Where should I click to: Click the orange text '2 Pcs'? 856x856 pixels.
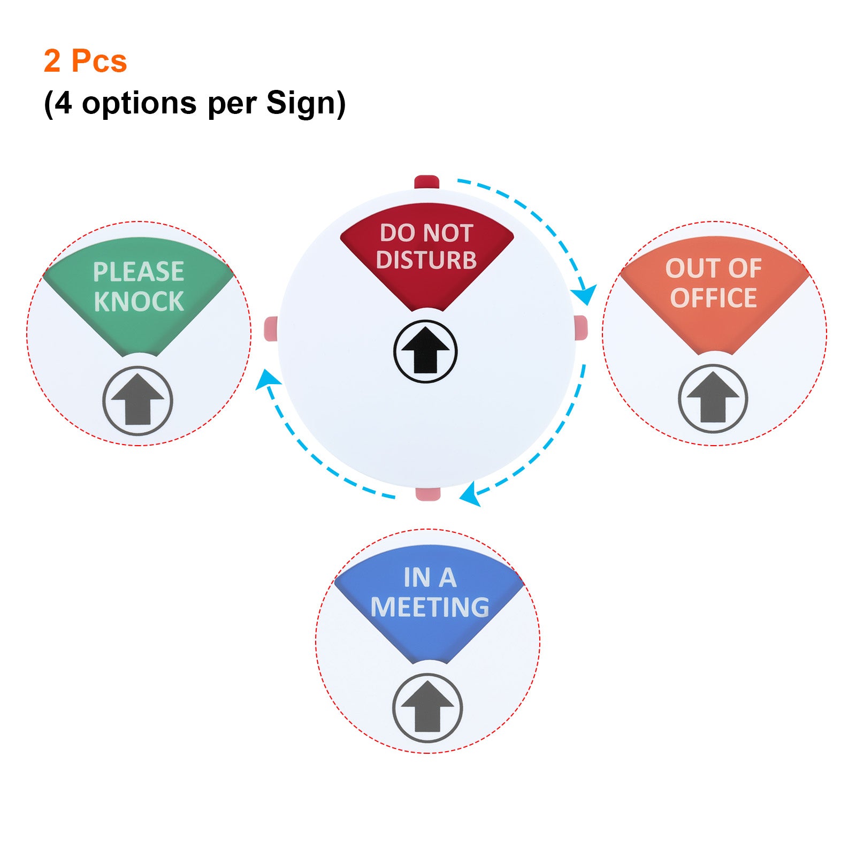pyautogui.click(x=85, y=60)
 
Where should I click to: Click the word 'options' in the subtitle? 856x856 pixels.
pyautogui.click(x=139, y=103)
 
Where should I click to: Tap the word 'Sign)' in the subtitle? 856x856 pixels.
pyautogui.click(x=305, y=103)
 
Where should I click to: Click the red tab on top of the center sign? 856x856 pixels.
pyautogui.click(x=427, y=182)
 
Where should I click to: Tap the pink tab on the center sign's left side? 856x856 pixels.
pyautogui.click(x=271, y=328)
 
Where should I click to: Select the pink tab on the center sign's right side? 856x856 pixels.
pyautogui.click(x=580, y=327)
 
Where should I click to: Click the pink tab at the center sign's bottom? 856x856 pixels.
pyautogui.click(x=428, y=494)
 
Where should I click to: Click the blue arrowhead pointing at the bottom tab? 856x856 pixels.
pyautogui.click(x=471, y=494)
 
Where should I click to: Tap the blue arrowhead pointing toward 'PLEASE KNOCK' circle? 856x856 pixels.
pyautogui.click(x=268, y=379)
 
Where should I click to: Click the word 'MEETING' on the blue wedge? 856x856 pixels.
pyautogui.click(x=430, y=607)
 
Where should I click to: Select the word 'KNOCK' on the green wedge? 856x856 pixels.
pyautogui.click(x=139, y=301)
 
